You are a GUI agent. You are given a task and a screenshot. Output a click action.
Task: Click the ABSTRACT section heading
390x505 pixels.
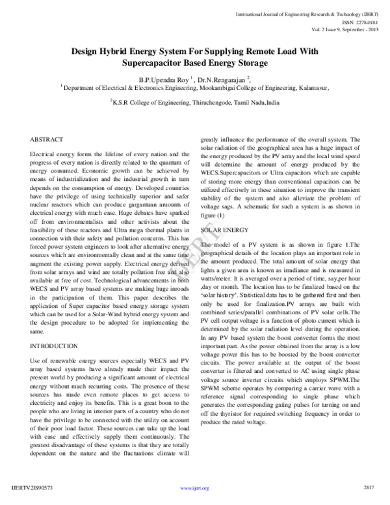[47, 140]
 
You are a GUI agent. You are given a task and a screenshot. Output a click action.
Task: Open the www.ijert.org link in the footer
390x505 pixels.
[194, 487]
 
